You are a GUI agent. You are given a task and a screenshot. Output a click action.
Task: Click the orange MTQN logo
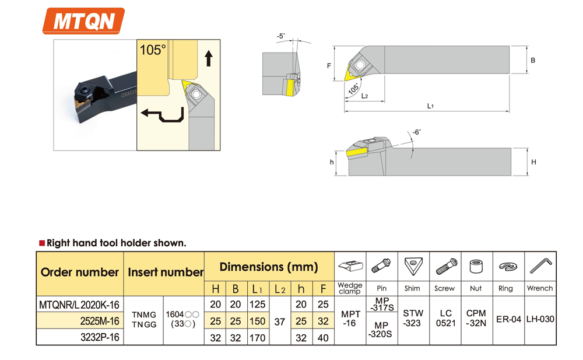pyautogui.click(x=83, y=21)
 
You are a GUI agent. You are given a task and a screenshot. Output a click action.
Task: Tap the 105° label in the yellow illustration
pyautogui.click(x=152, y=50)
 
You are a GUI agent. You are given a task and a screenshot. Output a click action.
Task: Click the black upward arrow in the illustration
pyautogui.click(x=209, y=58)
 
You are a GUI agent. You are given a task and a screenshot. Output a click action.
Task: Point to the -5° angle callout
pyautogui.click(x=281, y=36)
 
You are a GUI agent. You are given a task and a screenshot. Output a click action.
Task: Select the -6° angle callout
pyautogui.click(x=416, y=132)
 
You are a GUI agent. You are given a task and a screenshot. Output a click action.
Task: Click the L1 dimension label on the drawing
pyautogui.click(x=430, y=106)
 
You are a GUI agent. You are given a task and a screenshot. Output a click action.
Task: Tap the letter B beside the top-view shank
pyautogui.click(x=533, y=60)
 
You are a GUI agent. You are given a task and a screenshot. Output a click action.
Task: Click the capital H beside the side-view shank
pyautogui.click(x=533, y=162)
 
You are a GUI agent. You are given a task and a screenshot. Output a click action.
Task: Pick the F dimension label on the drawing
pyautogui.click(x=329, y=66)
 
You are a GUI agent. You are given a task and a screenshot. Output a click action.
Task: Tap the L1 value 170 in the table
pyautogui.click(x=257, y=338)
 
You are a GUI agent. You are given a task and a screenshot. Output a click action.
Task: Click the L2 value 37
pyautogui.click(x=280, y=321)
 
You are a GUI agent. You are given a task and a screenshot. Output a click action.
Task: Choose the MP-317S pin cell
pyautogui.click(x=382, y=304)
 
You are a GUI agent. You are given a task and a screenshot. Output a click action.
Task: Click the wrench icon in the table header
pyautogui.click(x=540, y=266)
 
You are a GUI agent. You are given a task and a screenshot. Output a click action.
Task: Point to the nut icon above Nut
pyautogui.click(x=476, y=267)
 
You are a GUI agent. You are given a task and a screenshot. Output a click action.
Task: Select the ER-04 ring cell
pyautogui.click(x=508, y=319)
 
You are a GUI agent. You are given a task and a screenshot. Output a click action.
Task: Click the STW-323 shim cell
pyautogui.click(x=413, y=319)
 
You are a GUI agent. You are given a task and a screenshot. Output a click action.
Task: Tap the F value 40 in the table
pyautogui.click(x=323, y=338)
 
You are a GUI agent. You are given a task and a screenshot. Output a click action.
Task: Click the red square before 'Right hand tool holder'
pyautogui.click(x=42, y=243)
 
